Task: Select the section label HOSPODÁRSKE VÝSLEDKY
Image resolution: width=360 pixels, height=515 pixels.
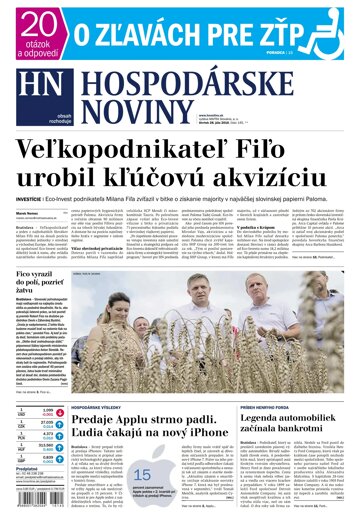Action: (128, 381)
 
